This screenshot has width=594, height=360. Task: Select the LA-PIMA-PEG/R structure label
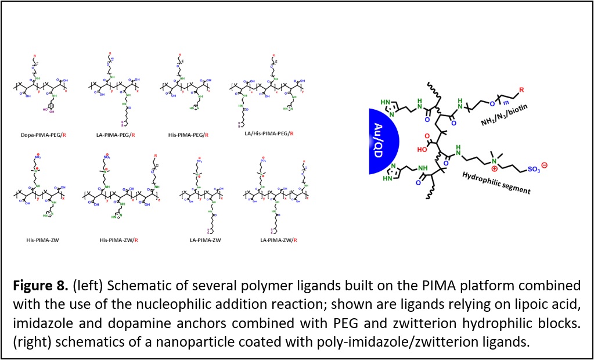tap(116, 135)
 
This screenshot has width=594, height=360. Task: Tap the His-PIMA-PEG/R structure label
tap(188, 135)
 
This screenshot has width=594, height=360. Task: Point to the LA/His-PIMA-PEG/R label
tap(267, 133)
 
